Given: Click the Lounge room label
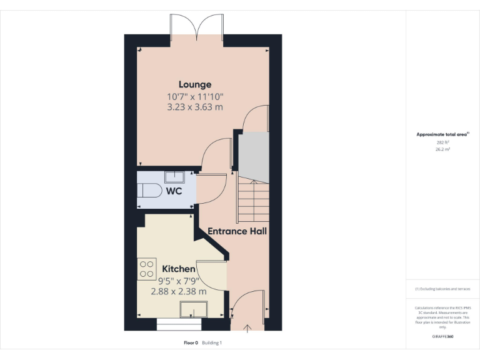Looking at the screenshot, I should tap(195, 84).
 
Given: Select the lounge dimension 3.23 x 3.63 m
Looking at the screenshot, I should tap(195, 107).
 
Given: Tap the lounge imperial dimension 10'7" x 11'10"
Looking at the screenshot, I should tap(195, 96).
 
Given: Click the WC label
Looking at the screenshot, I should tap(174, 191).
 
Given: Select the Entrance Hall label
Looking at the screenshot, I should tap(237, 231).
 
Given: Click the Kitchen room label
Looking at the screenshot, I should tap(179, 269).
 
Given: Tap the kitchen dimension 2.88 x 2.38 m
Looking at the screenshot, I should tap(179, 291).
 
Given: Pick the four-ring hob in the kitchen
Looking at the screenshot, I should tap(147, 269).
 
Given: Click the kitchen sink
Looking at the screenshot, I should tap(194, 309).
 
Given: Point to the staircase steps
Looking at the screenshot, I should tap(252, 201).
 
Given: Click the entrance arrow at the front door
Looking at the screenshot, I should tap(247, 327).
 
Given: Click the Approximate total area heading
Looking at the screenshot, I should tap(442, 134).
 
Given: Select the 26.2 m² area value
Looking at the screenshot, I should tap(442, 149).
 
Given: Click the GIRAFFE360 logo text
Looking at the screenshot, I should tap(442, 336).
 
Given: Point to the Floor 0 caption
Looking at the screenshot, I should tap(191, 342).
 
